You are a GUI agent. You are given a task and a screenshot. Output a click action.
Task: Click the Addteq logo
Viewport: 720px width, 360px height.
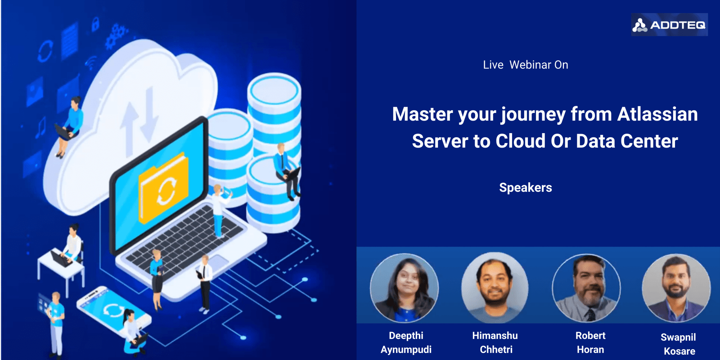[669, 25]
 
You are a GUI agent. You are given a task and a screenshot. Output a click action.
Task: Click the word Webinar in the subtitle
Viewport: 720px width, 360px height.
[539, 65]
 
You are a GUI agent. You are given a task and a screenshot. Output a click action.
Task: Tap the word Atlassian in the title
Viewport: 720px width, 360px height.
[657, 114]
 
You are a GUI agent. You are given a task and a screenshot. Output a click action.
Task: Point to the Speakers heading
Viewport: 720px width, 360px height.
[526, 188]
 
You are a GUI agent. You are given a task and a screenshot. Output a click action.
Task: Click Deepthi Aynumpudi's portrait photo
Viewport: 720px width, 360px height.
[405, 288]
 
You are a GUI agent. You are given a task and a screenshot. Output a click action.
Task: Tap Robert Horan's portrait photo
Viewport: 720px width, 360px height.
[587, 288]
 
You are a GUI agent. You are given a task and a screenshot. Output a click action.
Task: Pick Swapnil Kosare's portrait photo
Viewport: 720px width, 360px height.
[677, 288]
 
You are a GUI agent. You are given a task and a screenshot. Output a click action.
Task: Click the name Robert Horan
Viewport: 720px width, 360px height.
[590, 342]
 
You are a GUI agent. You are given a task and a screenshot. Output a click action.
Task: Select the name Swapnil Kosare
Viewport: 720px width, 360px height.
[679, 344]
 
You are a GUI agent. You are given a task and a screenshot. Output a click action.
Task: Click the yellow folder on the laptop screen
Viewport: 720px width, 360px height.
[164, 188]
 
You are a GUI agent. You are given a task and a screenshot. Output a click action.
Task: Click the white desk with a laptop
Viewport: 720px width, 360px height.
[61, 270]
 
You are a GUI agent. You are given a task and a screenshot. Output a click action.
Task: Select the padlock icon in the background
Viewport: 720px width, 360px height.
[95, 24]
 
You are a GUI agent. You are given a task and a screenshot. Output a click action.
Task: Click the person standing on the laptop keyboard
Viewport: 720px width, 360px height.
[219, 211]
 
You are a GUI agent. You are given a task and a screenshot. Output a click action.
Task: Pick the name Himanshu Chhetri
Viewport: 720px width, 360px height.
[495, 342]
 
